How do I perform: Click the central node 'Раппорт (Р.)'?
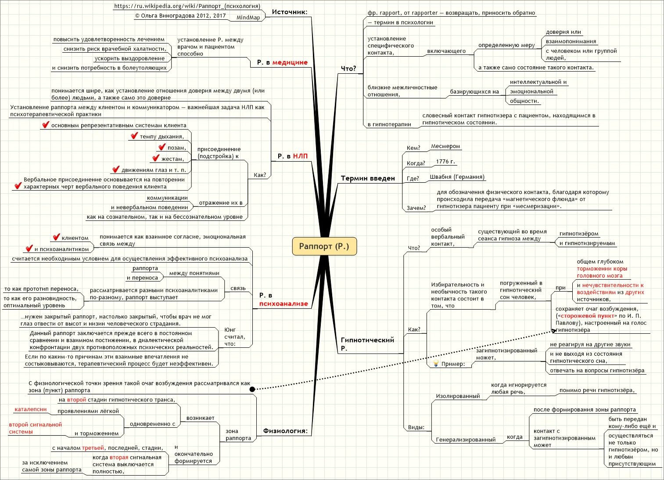coord(324,246)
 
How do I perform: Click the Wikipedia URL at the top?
coord(187,6)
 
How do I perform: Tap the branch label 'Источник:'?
coord(290,12)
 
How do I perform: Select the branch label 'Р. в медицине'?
coord(282,62)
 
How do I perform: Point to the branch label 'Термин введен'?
coord(368,178)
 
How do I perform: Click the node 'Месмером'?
coord(445,146)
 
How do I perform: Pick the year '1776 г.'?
coord(445,162)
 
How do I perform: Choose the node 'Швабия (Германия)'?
coord(457,177)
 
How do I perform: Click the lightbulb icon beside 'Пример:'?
coord(436,363)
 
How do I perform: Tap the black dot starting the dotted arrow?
coord(252,389)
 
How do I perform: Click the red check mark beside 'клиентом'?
coord(56,237)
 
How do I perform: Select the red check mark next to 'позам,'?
coord(162,147)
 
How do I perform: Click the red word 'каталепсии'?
coord(31,409)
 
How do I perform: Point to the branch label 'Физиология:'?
coord(285,431)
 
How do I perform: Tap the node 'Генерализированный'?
coord(466,440)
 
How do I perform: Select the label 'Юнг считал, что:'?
coord(235,336)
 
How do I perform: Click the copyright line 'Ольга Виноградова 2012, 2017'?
coord(180,16)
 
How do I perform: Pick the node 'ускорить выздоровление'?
coord(129,58)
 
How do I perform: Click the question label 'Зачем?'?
coord(416,208)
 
